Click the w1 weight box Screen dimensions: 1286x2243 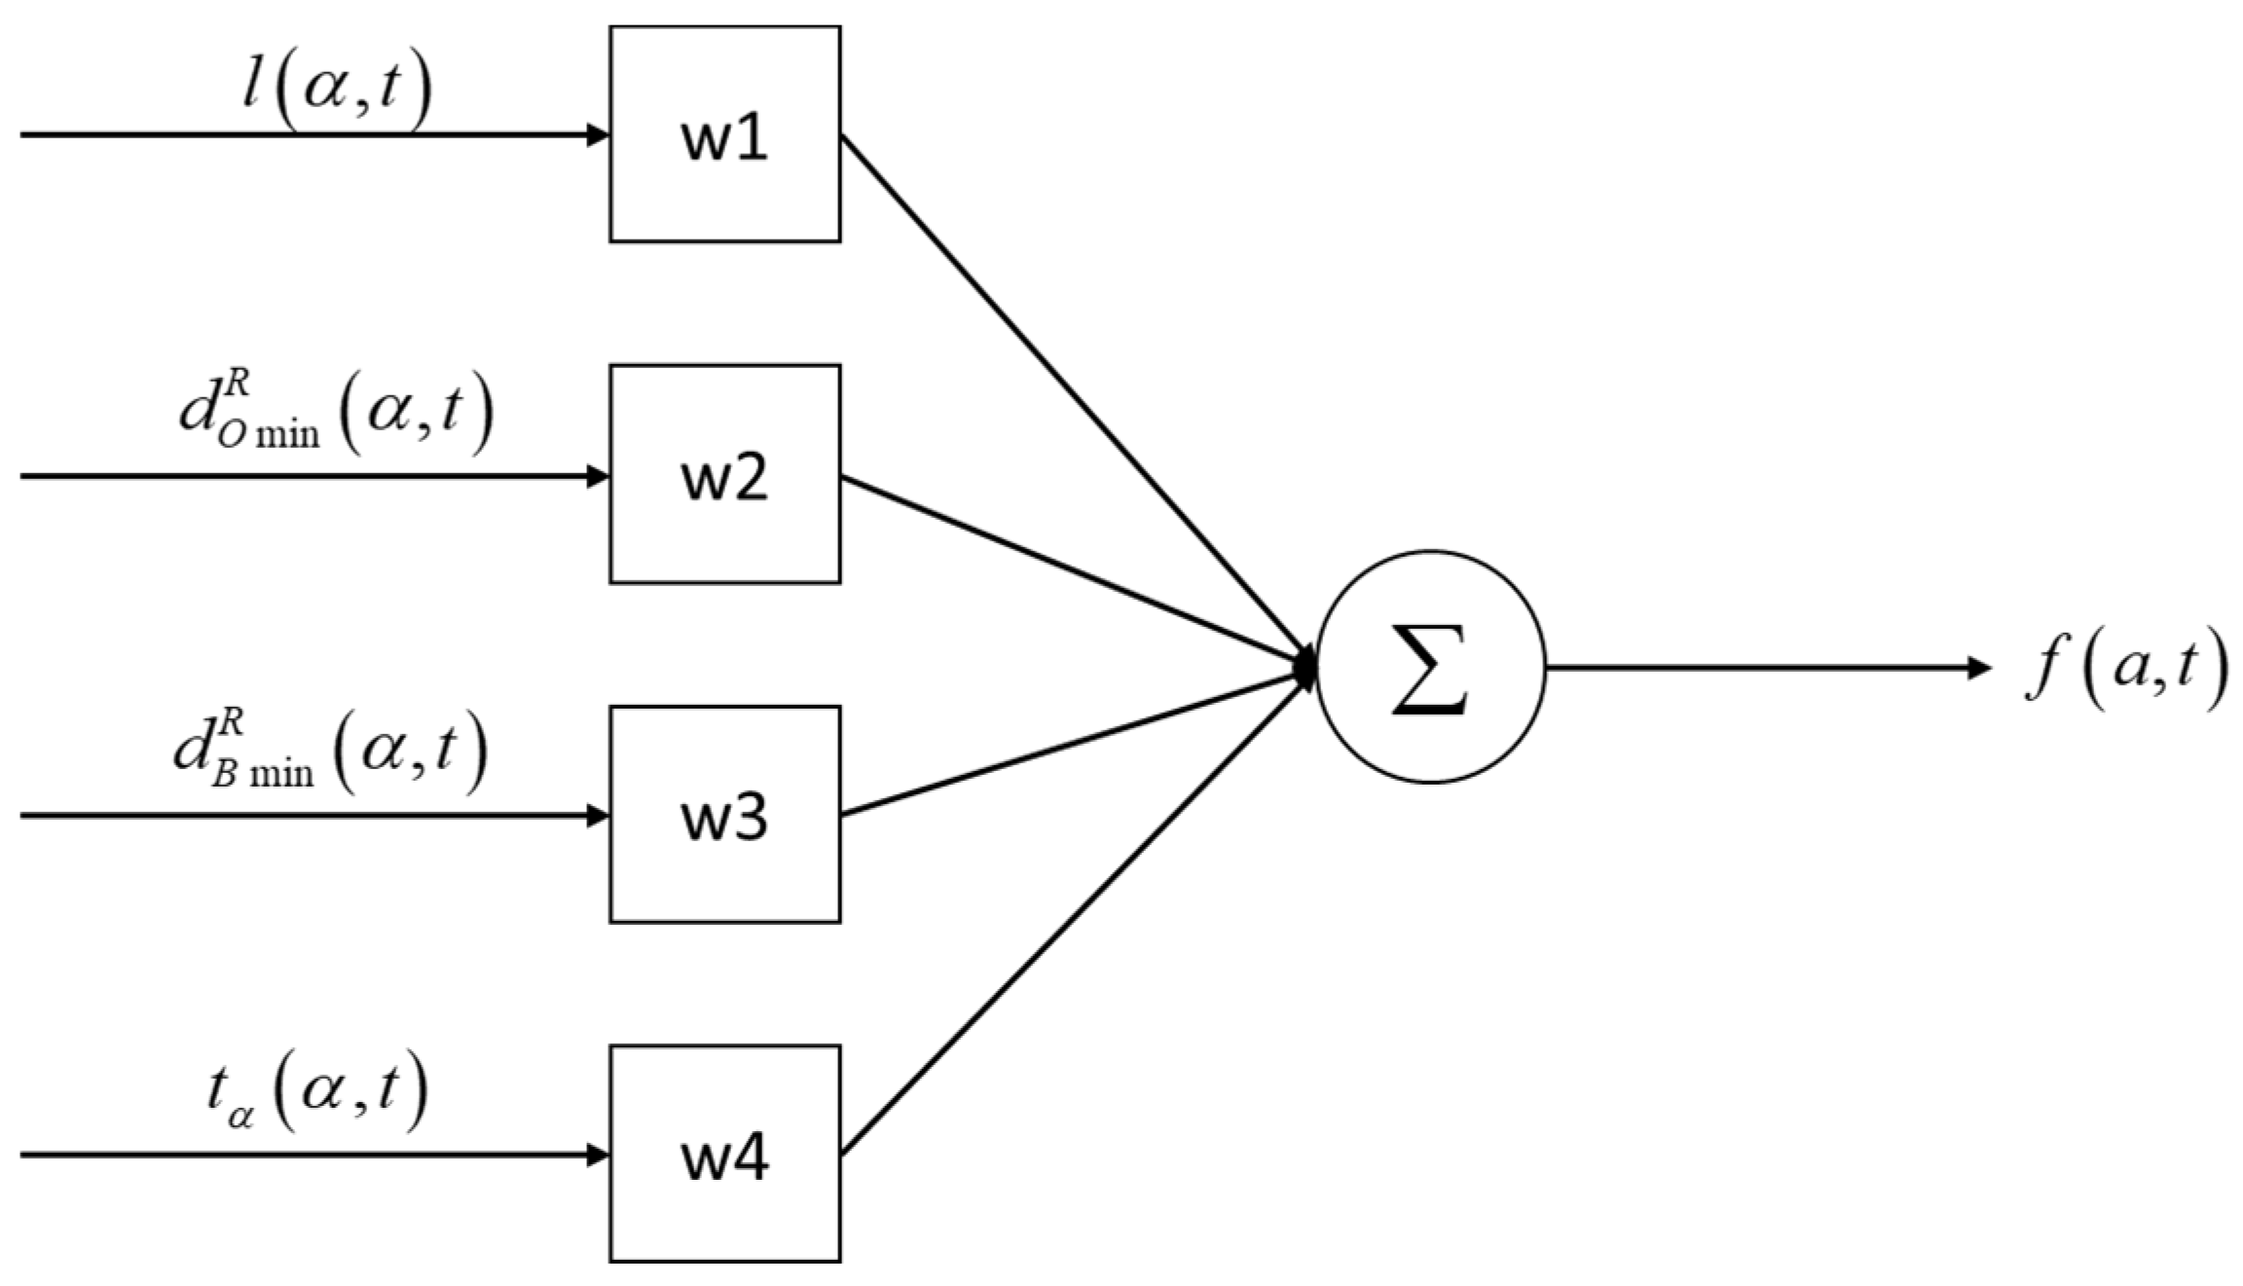tap(724, 134)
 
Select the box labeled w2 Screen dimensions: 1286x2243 tap(724, 474)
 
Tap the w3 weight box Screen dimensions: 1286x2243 tap(724, 814)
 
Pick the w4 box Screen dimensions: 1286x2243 tap(724, 1154)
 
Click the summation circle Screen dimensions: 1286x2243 tap(1430, 667)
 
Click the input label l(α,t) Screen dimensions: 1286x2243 tap(336, 90)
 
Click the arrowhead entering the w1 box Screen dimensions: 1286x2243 tap(598, 134)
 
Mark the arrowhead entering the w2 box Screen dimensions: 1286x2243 tap(598, 476)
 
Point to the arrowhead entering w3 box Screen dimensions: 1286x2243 tap(598, 815)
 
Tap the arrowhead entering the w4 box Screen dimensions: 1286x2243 tap(598, 1155)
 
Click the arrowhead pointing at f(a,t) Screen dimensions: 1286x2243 tap(1978, 668)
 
